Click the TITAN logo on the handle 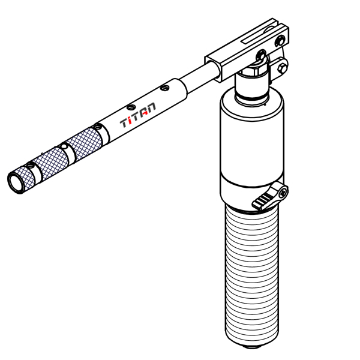tap(139, 115)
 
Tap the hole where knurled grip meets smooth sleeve tap(97, 127)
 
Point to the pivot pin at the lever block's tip tap(281, 41)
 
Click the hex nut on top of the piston tap(253, 74)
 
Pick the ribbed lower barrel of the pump tap(253, 276)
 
